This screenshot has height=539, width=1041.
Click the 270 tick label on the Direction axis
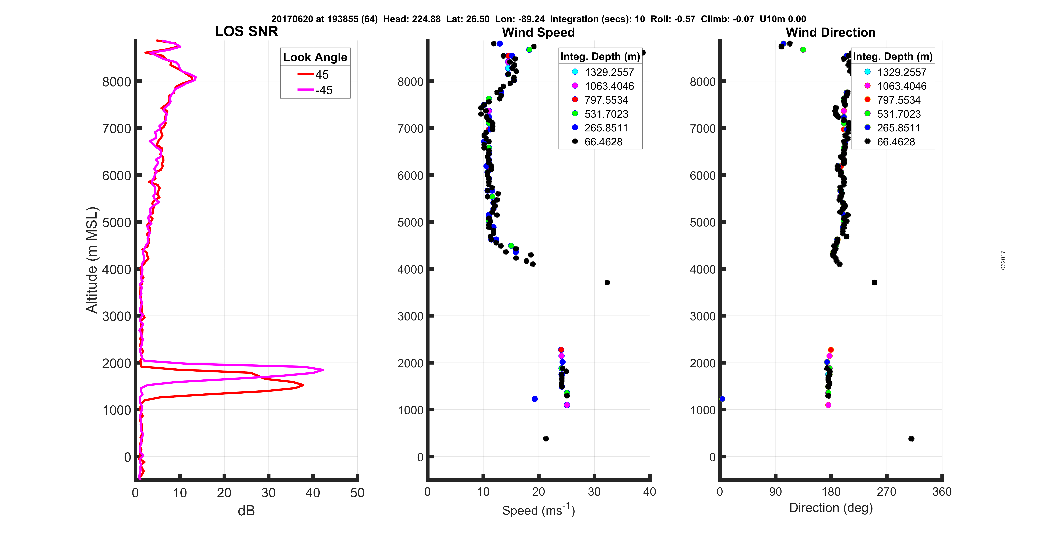[886, 492]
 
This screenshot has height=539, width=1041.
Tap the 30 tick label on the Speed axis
[594, 492]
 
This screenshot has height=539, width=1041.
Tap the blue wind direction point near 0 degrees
[722, 399]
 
